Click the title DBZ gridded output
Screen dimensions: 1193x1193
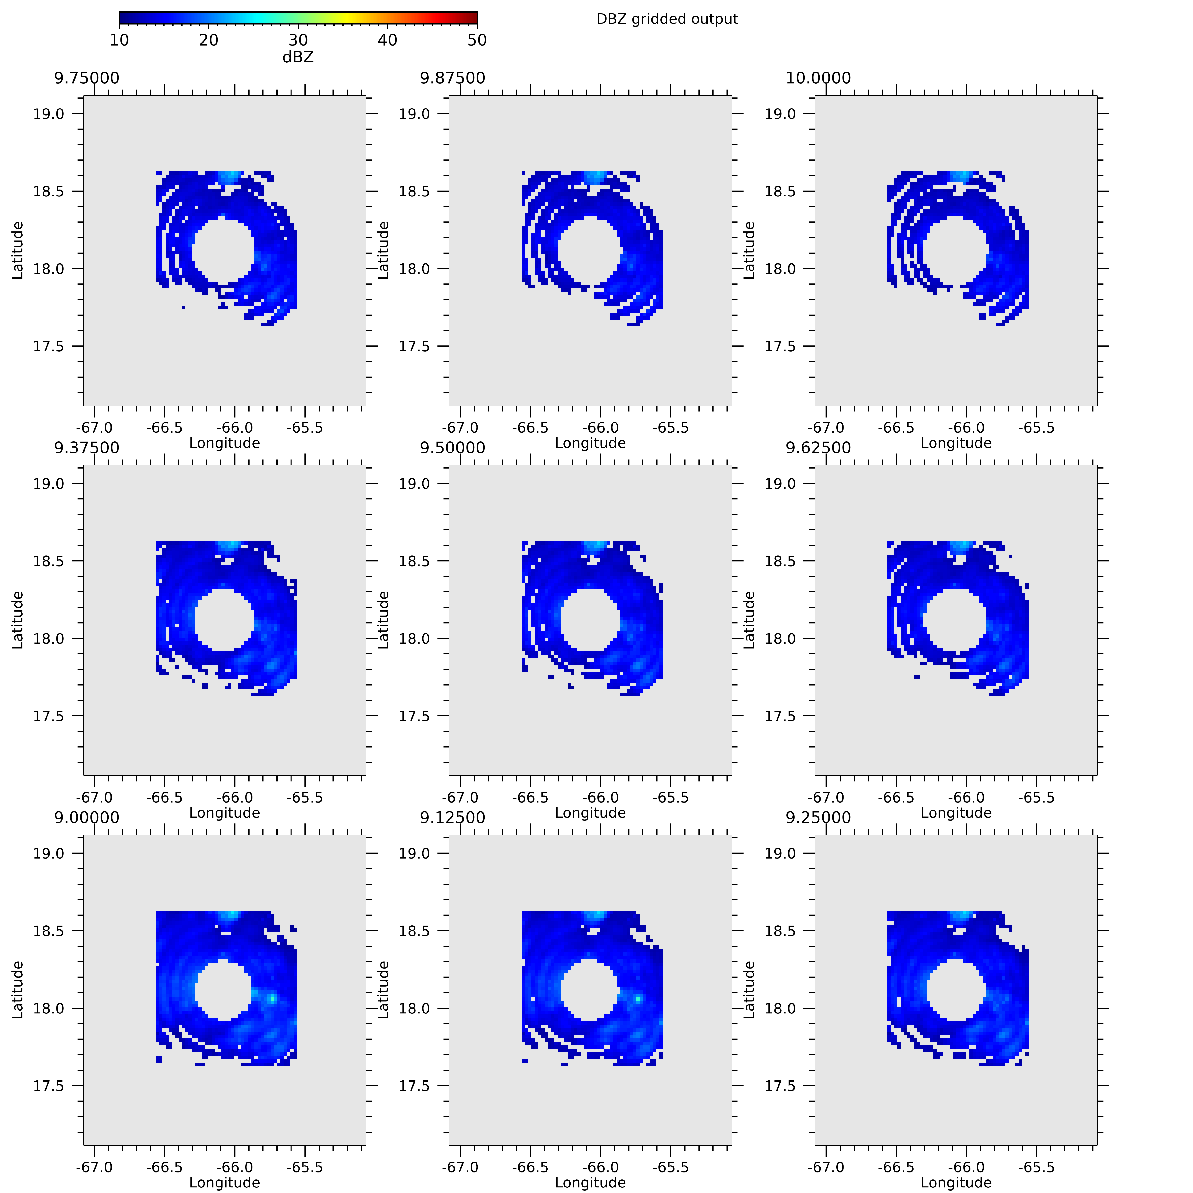(667, 19)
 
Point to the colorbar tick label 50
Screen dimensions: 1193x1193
(477, 40)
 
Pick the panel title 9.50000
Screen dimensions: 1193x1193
(452, 448)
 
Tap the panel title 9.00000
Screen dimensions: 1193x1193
(86, 818)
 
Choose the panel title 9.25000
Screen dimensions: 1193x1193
(818, 818)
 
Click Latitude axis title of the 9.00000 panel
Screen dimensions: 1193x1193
(17, 990)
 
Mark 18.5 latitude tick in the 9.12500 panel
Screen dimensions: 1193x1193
(414, 931)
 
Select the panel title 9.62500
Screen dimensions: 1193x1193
(818, 448)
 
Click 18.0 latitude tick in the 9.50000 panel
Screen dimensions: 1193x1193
(414, 639)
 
